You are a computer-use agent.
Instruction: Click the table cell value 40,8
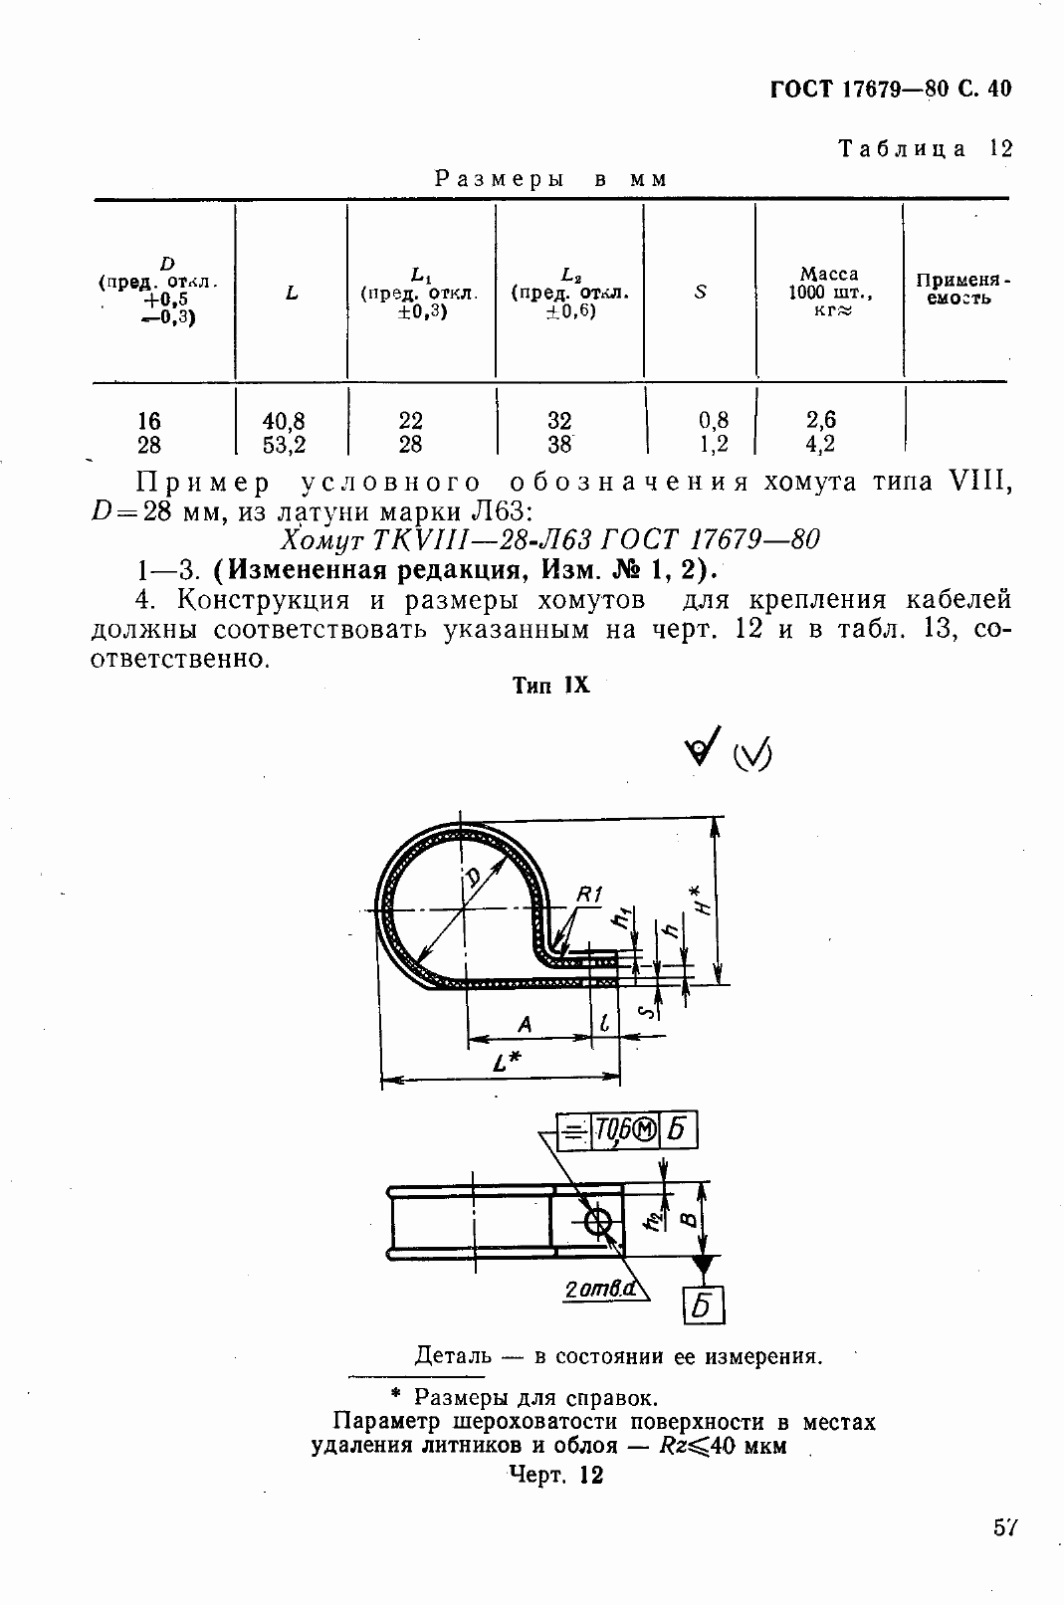(x=284, y=421)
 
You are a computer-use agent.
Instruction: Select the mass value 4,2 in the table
(x=821, y=445)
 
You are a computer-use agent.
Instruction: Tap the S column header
(x=700, y=293)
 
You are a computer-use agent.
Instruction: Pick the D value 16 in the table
(x=149, y=421)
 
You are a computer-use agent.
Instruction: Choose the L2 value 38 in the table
(x=559, y=445)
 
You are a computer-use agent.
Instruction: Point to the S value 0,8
(x=714, y=421)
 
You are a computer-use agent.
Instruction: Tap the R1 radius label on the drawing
(x=589, y=896)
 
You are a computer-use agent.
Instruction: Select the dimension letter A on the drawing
(x=525, y=1024)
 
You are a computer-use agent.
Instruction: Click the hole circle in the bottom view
(x=599, y=1222)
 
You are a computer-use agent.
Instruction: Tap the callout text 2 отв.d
(x=599, y=1290)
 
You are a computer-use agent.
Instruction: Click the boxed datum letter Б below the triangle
(x=703, y=1304)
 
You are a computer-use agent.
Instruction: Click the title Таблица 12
(x=925, y=149)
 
